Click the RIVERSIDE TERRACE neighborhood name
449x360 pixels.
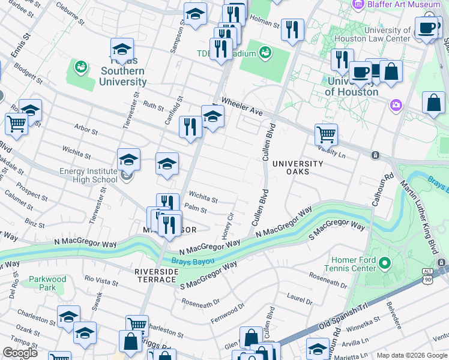[x=156, y=277]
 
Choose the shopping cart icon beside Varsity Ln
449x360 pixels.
[x=326, y=134]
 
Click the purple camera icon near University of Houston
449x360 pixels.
[x=396, y=106]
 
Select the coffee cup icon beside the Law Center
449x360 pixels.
[x=426, y=28]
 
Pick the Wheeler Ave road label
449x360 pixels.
[x=242, y=106]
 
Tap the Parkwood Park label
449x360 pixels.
[x=47, y=283]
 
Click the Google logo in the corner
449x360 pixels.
[x=19, y=353]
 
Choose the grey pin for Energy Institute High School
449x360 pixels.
[x=125, y=176]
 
